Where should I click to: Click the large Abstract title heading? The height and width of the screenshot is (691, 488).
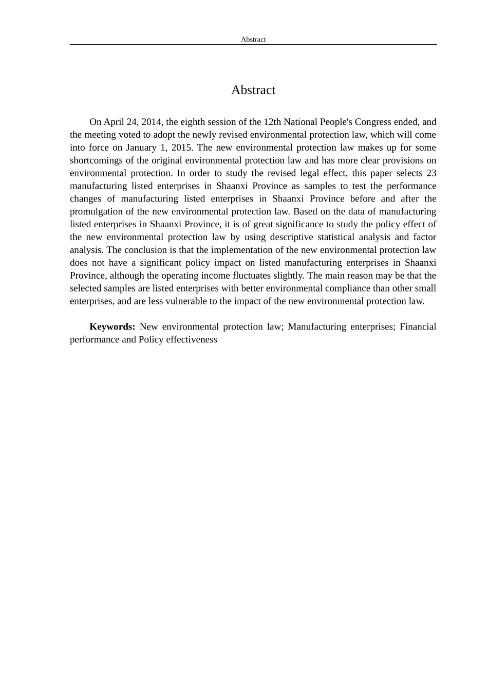tap(253, 90)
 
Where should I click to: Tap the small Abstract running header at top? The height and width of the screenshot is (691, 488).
tap(253, 40)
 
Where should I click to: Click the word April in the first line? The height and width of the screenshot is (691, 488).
tap(114, 122)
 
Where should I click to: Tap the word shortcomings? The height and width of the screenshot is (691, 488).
tap(96, 160)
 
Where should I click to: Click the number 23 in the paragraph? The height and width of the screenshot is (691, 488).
tap(431, 173)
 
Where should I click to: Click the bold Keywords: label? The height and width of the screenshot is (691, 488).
tap(112, 327)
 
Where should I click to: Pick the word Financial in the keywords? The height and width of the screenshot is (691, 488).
tap(418, 327)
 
